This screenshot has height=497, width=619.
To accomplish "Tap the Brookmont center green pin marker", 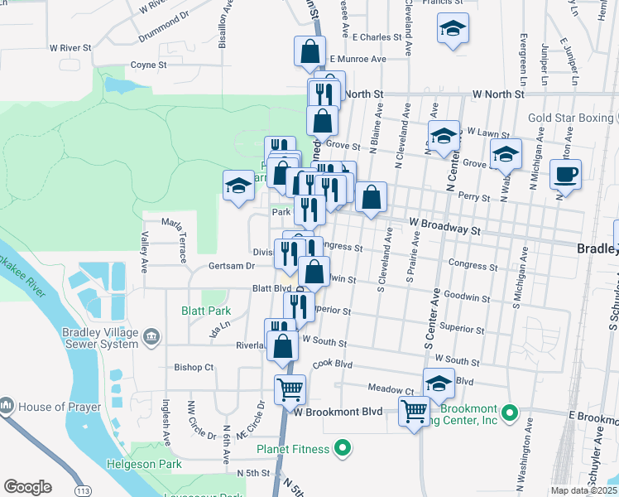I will (x=511, y=412).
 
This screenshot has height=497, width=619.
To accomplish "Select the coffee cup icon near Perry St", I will (x=566, y=175).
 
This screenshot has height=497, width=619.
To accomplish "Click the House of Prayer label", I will (x=53, y=407).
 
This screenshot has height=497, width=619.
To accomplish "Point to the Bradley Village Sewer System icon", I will (x=151, y=335).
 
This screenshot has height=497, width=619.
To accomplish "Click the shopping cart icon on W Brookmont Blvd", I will (x=414, y=409).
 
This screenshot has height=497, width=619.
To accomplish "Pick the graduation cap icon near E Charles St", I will (x=453, y=29).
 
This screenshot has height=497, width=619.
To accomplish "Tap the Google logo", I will (x=27, y=487).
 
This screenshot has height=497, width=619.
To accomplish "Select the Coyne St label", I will (x=149, y=64).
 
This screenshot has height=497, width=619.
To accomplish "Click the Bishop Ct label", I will (x=194, y=367).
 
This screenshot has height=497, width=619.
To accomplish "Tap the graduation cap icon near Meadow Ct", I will (x=439, y=383).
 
